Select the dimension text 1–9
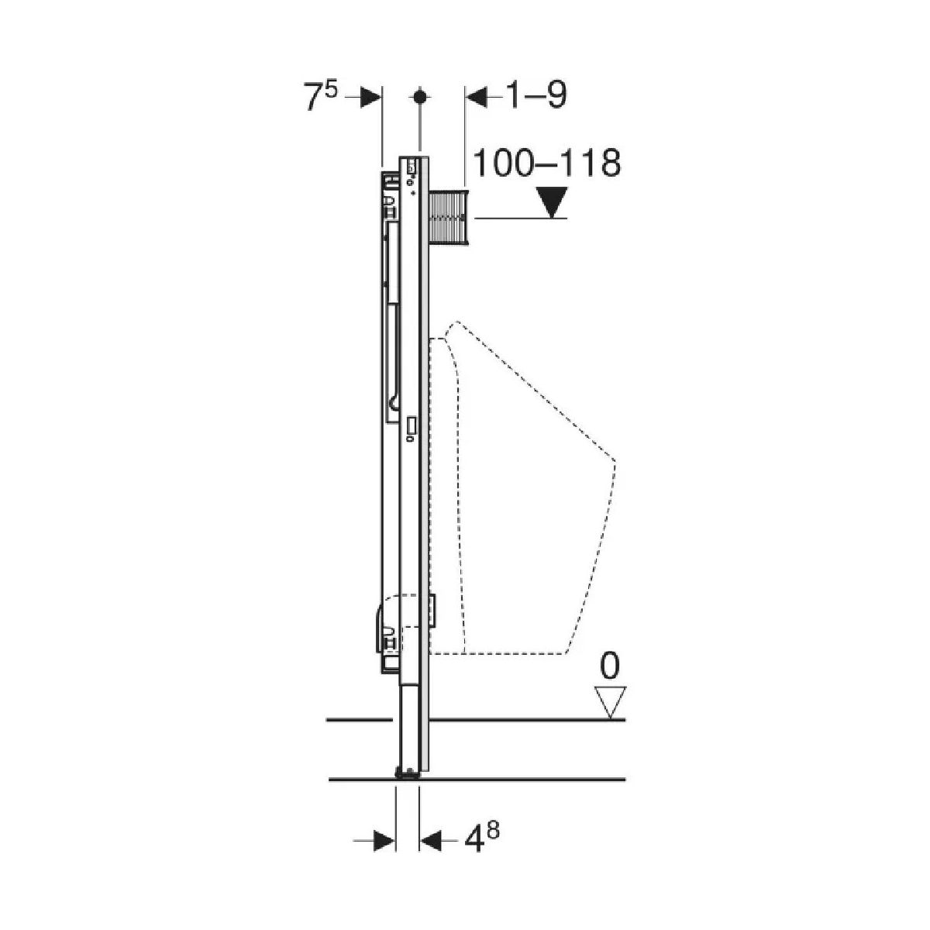click(536, 96)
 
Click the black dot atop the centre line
click(420, 97)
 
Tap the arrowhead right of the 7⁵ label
click(371, 98)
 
